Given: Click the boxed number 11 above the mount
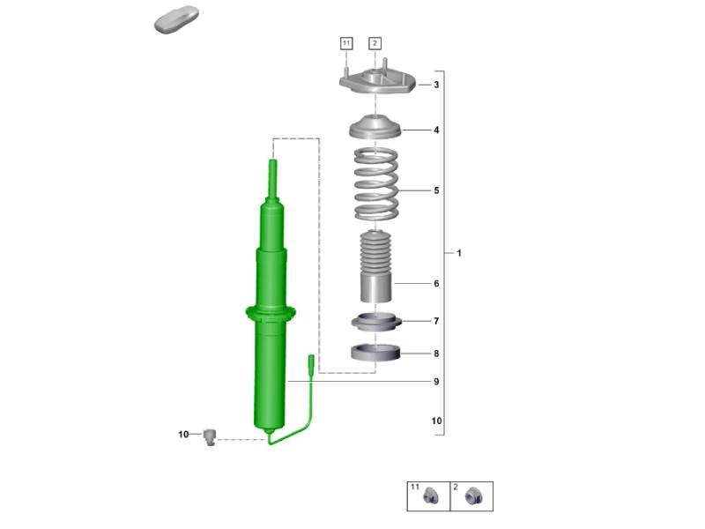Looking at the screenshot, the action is tap(346, 43).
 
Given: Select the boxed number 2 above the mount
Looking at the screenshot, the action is tap(375, 43).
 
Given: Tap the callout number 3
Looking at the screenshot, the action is tap(436, 85).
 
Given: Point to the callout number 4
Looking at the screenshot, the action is tap(436, 130).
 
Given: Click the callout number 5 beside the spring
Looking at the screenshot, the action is tap(436, 190).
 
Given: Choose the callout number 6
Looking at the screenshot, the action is tap(436, 283).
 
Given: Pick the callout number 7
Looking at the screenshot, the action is tap(436, 321).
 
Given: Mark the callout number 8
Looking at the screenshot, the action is tap(436, 354).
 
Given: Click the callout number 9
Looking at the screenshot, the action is tap(436, 382).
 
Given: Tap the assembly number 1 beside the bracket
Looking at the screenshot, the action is tap(459, 253).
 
